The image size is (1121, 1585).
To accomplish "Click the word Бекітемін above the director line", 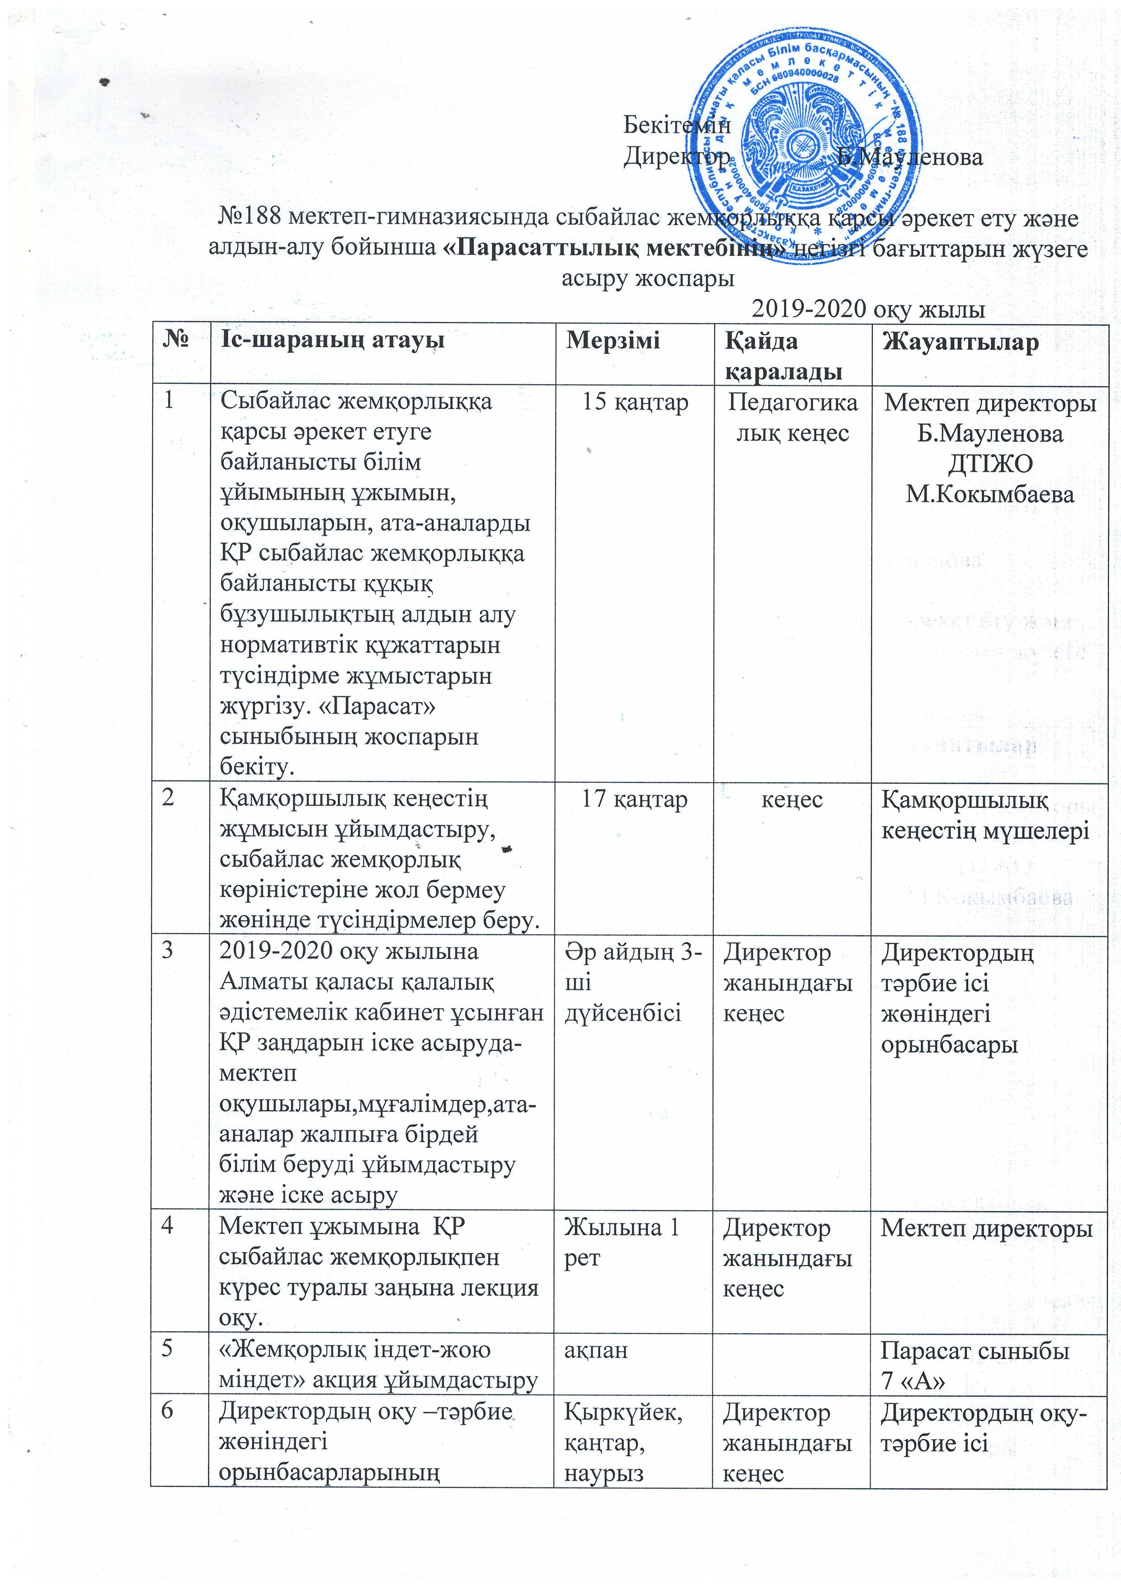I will [677, 125].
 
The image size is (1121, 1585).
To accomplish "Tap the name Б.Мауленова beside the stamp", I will [910, 158].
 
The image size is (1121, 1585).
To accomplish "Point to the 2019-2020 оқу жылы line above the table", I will [868, 309].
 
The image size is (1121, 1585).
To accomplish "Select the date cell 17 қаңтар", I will [634, 800].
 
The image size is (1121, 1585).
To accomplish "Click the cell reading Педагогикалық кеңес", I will [792, 417].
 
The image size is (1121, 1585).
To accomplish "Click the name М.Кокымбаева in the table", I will [990, 494].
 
